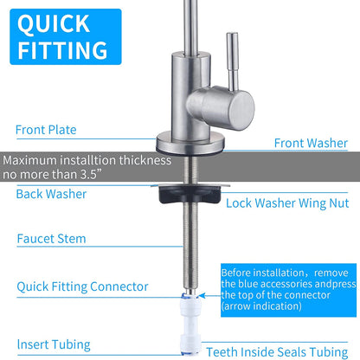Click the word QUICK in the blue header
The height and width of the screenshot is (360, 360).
pos(54,24)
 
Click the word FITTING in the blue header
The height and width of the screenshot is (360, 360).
pos(62,50)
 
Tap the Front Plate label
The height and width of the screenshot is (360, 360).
pos(46,130)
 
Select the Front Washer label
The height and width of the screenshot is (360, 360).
pos(311,143)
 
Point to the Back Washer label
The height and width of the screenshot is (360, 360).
pos(51,194)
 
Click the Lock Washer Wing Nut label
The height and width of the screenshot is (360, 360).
pos(287,203)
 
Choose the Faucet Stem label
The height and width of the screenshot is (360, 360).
pos(51,239)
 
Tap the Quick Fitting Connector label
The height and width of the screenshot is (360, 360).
pos(82,286)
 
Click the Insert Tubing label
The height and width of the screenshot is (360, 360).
pos(54,344)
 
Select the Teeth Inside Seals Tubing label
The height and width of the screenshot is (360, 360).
pos(277,352)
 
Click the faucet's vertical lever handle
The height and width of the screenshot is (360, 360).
pos(233,62)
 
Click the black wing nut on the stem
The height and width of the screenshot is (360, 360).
pos(190,194)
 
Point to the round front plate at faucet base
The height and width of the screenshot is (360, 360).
pos(190,144)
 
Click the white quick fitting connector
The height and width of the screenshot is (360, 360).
pos(190,324)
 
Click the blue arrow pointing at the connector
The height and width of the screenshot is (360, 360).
pos(209,295)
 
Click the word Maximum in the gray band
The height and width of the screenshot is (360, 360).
pos(30,160)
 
